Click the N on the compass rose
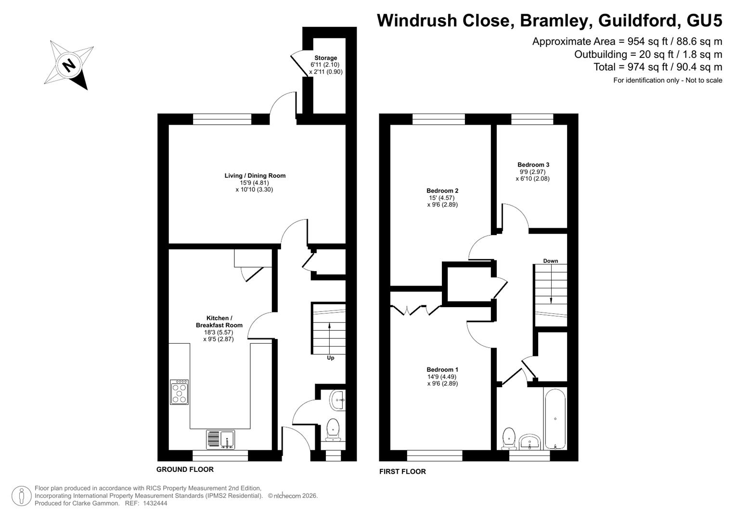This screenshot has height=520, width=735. point(69,65)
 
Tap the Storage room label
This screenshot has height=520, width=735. point(325,58)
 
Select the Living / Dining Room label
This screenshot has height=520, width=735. point(255,176)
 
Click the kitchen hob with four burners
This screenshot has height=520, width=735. point(179,392)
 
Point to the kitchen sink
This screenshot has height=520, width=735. point(220,439)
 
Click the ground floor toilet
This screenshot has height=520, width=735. point(333,430)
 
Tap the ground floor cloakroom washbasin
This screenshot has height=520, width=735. point(338,400)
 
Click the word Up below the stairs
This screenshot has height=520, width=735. point(330,358)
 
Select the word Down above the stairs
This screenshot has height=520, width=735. point(551,261)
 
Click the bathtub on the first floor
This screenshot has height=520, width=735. point(555,419)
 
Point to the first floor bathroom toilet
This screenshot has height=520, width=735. point(509,439)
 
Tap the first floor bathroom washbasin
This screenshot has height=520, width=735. point(529,442)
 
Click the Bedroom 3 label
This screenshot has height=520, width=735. point(533,165)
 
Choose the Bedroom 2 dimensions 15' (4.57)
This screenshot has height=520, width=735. point(442,198)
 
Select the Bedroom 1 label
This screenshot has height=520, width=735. point(442,370)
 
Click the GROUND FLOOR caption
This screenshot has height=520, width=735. point(185,469)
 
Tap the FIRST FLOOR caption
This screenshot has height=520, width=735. point(402,471)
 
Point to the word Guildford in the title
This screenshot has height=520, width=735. point(637,20)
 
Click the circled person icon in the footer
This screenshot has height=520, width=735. point(22,496)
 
